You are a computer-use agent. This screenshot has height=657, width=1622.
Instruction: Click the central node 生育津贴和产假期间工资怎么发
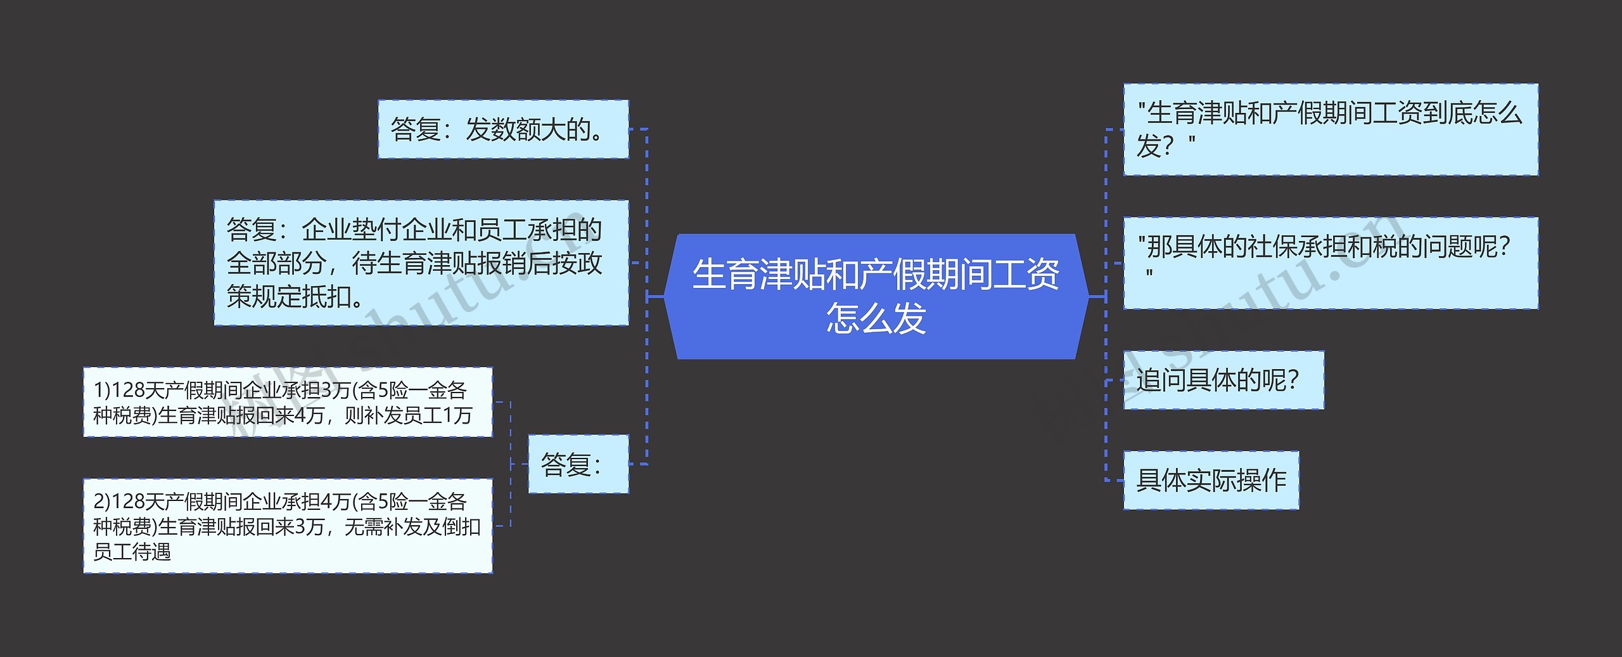pos(876,296)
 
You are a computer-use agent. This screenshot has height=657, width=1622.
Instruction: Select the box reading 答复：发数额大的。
pos(503,129)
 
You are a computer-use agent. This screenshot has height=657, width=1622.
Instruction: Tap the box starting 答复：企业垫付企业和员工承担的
pos(421,263)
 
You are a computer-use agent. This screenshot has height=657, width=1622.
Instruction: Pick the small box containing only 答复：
pos(578,464)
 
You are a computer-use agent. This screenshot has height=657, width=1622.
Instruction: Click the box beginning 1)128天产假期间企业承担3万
pos(288,402)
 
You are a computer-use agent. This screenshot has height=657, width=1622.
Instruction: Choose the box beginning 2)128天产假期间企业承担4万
pos(288,526)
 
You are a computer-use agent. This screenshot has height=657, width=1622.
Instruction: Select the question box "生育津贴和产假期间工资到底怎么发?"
pos(1330,129)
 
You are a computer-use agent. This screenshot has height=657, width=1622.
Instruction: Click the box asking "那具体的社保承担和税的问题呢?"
pos(1330,263)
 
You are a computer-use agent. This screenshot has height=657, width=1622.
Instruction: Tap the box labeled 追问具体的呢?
pos(1223,380)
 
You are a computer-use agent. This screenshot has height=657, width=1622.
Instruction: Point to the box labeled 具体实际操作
pos(1211,480)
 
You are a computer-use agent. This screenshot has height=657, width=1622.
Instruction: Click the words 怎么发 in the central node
pos(876,318)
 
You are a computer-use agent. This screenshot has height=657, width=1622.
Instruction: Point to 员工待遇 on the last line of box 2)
pos(132,552)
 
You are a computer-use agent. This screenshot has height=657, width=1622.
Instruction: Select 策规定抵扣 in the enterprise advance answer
pos(289,296)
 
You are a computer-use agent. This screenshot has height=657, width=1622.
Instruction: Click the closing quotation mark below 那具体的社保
pos(1149,275)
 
